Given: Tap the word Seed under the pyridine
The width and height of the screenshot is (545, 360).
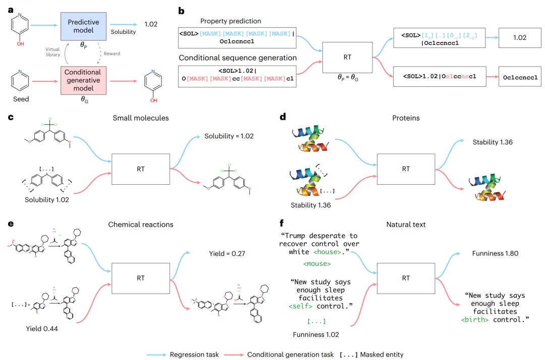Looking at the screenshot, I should (21, 99).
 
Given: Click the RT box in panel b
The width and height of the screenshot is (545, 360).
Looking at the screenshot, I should (347, 58).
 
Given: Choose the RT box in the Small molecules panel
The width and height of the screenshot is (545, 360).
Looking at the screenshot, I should (140, 169).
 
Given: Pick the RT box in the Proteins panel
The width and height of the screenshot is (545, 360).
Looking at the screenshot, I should (406, 169).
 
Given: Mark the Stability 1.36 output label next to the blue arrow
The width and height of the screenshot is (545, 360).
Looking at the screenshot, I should (493, 142).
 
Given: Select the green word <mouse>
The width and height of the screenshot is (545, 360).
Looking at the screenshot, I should (317, 264).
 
